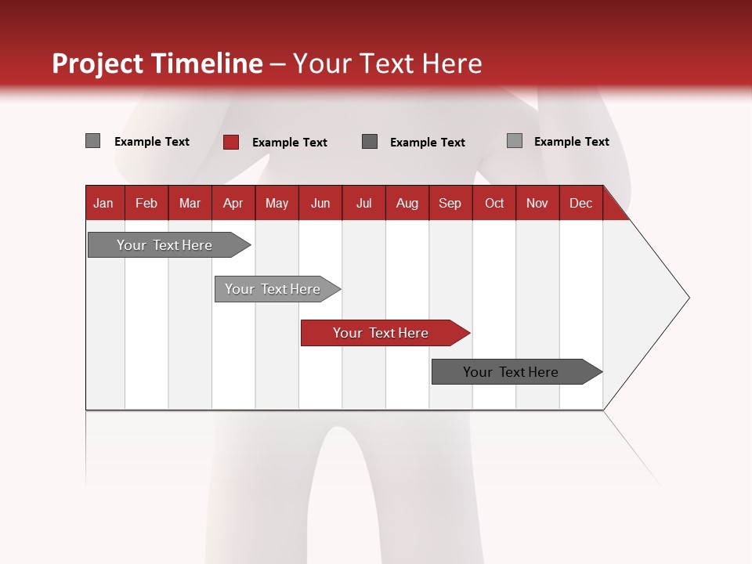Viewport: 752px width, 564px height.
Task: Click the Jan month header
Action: [103, 204]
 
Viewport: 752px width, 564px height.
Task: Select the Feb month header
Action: [146, 204]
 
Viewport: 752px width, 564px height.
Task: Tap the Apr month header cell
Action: [233, 204]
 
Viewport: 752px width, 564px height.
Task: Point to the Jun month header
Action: [320, 204]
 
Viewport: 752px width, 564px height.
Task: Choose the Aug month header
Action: [407, 204]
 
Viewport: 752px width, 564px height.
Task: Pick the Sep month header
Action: [450, 204]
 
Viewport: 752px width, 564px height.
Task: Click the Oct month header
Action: [494, 204]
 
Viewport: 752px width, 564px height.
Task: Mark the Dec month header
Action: [580, 204]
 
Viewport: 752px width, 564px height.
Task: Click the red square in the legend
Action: [231, 142]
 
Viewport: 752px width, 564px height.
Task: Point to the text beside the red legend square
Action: [289, 143]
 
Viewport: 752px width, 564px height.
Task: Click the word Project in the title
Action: [98, 63]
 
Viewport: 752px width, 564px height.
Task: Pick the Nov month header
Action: [537, 204]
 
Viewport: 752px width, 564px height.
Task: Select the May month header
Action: [277, 204]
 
